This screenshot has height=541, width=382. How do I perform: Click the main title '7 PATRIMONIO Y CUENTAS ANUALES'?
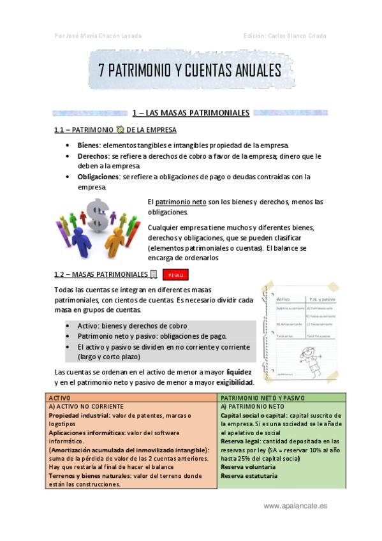click(190, 71)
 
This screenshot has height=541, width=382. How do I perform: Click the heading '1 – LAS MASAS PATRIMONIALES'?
click(190, 113)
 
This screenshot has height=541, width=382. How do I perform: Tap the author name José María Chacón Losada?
click(99, 36)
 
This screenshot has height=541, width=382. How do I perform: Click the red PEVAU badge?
click(175, 275)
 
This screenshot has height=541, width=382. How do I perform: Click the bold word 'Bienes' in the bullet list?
click(89, 145)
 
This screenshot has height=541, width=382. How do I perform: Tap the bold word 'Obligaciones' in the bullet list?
click(98, 177)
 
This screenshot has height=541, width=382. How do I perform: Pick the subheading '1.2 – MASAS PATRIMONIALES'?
click(101, 274)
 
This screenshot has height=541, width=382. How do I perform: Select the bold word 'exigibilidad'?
click(233, 382)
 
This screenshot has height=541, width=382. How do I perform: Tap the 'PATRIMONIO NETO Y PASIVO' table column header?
click(262, 397)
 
